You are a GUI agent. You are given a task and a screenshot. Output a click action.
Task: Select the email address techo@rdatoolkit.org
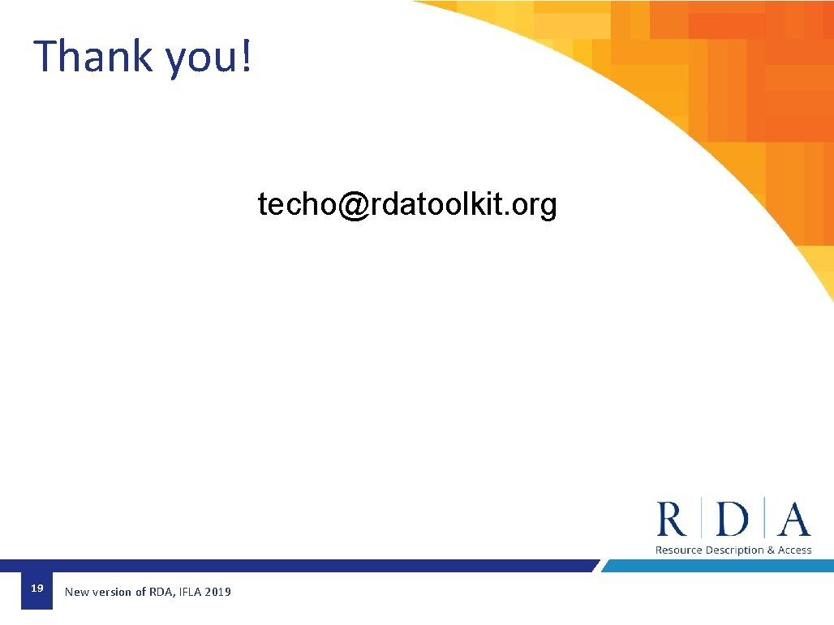[407, 205]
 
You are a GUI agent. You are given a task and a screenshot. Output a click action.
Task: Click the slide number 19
[37, 589]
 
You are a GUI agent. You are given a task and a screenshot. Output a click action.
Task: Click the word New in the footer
[76, 593]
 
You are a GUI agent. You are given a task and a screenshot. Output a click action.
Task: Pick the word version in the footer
[112, 593]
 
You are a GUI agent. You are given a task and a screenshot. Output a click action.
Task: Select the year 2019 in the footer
[218, 593]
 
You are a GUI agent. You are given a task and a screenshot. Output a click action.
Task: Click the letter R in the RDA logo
[672, 519]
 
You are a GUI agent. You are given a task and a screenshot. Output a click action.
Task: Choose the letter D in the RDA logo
[733, 519]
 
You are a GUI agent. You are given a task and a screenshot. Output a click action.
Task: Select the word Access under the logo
[795, 550]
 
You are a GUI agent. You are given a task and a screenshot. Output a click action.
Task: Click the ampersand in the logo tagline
[771, 550]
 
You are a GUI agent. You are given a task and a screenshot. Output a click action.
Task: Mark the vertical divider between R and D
[702, 519]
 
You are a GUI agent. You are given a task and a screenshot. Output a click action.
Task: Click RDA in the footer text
[159, 593]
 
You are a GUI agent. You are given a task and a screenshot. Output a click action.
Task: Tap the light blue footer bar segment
[714, 566]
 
